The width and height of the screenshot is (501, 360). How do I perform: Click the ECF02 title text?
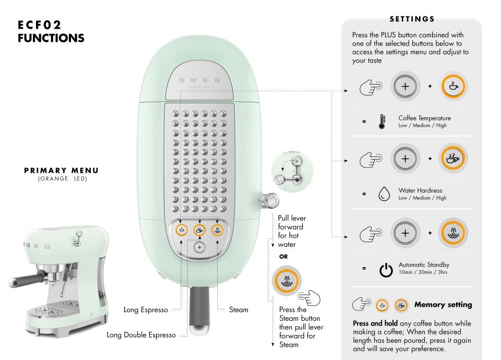(x=39, y=25)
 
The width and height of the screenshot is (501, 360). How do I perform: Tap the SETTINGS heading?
(x=412, y=19)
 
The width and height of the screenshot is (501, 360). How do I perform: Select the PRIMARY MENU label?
(x=62, y=171)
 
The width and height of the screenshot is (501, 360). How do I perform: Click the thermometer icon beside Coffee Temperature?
(x=382, y=122)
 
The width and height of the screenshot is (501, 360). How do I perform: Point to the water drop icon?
(x=384, y=194)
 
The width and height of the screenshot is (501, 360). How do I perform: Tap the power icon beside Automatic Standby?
(x=386, y=270)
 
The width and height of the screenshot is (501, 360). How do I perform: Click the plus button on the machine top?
(x=200, y=247)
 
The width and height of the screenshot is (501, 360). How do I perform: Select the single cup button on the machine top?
(x=182, y=230)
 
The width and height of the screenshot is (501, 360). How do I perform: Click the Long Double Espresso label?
(x=141, y=335)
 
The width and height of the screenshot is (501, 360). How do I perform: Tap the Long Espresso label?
(x=146, y=310)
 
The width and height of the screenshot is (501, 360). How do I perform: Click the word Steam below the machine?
(x=238, y=309)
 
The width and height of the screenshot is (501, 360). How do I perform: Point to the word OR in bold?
(x=283, y=257)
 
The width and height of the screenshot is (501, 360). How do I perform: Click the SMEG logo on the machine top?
(x=199, y=80)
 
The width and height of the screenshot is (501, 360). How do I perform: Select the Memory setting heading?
(x=443, y=305)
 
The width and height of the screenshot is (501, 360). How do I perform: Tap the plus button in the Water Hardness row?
(x=405, y=159)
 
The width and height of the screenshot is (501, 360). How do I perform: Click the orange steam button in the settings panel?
(x=453, y=233)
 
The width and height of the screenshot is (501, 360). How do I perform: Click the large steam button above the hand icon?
(x=287, y=281)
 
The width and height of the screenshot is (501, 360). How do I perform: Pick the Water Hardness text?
(x=421, y=190)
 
